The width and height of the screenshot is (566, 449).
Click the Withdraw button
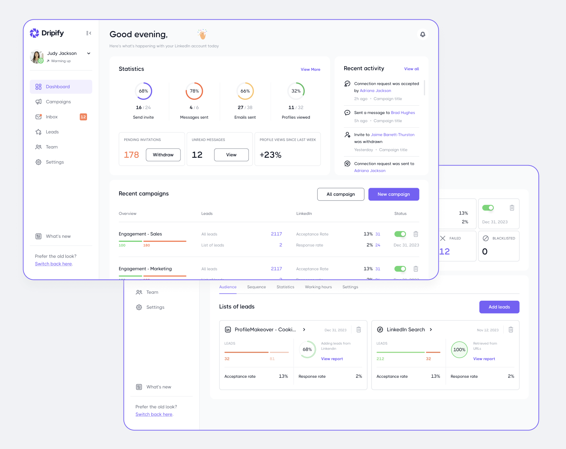(x=163, y=155)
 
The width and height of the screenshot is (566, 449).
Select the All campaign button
(x=341, y=194)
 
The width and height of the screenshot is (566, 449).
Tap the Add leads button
(x=499, y=307)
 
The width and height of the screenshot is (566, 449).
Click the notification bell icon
(x=422, y=34)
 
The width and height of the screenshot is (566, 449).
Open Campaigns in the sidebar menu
(x=58, y=102)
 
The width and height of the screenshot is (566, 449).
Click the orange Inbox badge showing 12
(x=83, y=117)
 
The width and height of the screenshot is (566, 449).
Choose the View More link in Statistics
(x=310, y=69)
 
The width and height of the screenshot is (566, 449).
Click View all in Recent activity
(x=411, y=69)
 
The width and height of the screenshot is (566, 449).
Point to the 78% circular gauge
(x=194, y=91)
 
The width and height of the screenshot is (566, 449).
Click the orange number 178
(x=132, y=155)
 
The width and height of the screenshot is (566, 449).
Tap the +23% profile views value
(x=270, y=155)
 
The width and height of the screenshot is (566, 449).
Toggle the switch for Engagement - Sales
(x=400, y=234)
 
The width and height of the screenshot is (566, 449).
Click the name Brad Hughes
(x=403, y=113)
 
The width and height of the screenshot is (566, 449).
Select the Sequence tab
(x=257, y=287)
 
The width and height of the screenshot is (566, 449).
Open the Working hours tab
(x=318, y=287)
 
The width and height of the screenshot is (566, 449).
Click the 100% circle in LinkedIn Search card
(x=459, y=350)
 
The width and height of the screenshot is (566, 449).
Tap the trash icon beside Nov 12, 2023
(x=511, y=330)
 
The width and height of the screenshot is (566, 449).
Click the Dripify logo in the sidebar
(x=47, y=33)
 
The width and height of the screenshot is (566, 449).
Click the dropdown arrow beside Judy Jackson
(x=89, y=53)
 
